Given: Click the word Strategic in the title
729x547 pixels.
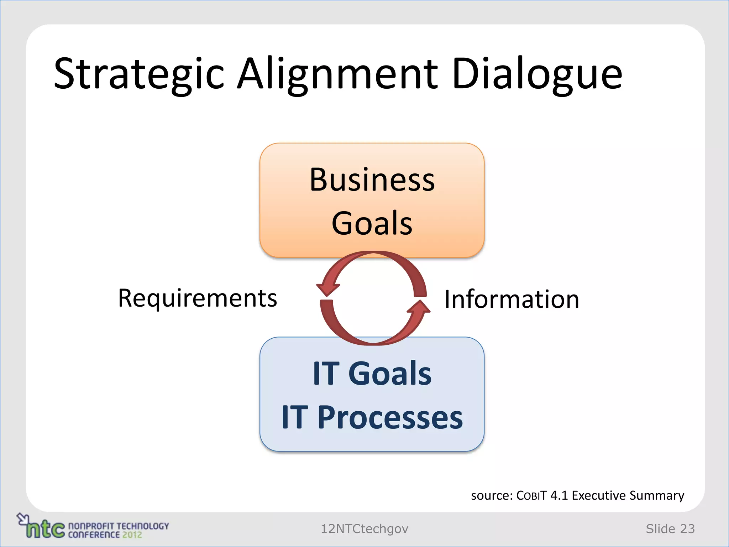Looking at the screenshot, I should [x=139, y=74].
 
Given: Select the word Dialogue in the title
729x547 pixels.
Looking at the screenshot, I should [x=537, y=74].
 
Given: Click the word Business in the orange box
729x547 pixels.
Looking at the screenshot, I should [x=372, y=180].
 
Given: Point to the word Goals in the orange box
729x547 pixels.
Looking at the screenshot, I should [x=372, y=223].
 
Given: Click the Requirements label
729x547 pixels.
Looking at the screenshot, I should [x=197, y=298].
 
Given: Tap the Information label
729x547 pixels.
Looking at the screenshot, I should [x=512, y=299].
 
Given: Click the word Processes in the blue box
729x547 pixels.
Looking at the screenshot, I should [x=390, y=417].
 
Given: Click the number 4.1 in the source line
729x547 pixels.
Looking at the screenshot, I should [x=559, y=496].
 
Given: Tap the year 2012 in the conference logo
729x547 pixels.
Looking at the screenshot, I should [x=132, y=535].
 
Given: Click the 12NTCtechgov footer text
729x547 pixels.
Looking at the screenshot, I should [x=364, y=529].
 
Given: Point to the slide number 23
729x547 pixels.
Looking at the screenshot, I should [x=687, y=529].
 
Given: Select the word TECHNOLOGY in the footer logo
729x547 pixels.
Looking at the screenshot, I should [x=143, y=526].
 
